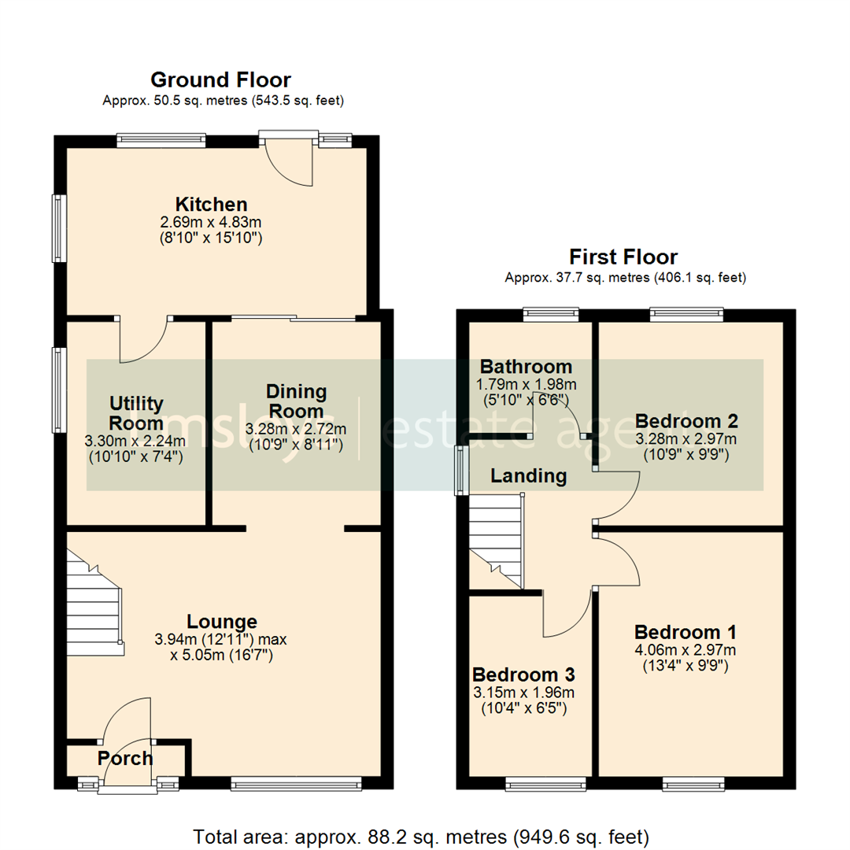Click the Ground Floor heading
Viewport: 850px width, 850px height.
tap(220, 79)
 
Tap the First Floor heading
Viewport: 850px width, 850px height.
tap(623, 257)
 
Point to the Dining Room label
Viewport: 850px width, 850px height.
tap(295, 401)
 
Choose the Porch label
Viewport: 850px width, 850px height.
tap(125, 758)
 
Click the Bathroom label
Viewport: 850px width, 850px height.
tap(526, 366)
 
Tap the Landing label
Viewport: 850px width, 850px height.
tap(528, 475)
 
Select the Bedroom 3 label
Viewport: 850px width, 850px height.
tap(523, 674)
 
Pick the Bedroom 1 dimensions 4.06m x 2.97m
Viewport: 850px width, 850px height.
tap(685, 650)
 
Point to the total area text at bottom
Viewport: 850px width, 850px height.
tap(421, 835)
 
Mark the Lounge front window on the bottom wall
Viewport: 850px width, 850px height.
tap(297, 782)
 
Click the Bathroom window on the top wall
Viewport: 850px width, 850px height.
tap(552, 315)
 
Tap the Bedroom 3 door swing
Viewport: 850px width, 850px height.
tap(565, 614)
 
